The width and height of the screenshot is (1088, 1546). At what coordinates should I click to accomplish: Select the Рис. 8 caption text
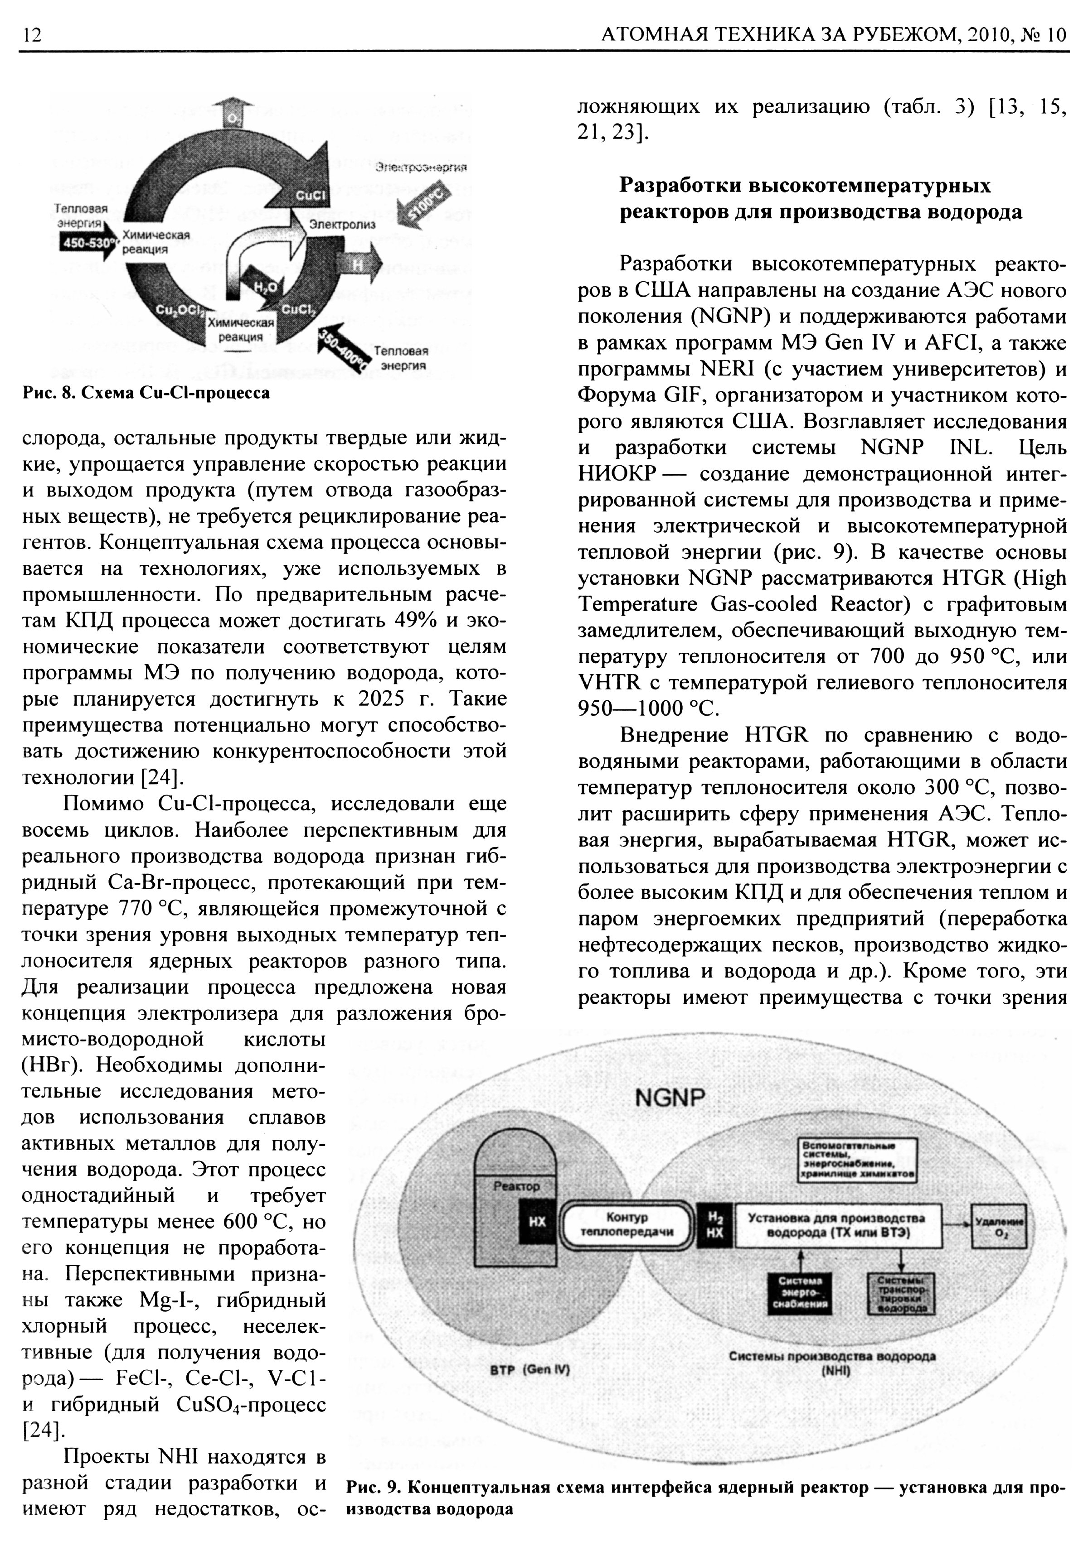click(x=146, y=393)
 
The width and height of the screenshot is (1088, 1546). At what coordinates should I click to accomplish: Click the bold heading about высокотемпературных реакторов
click(x=820, y=199)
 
